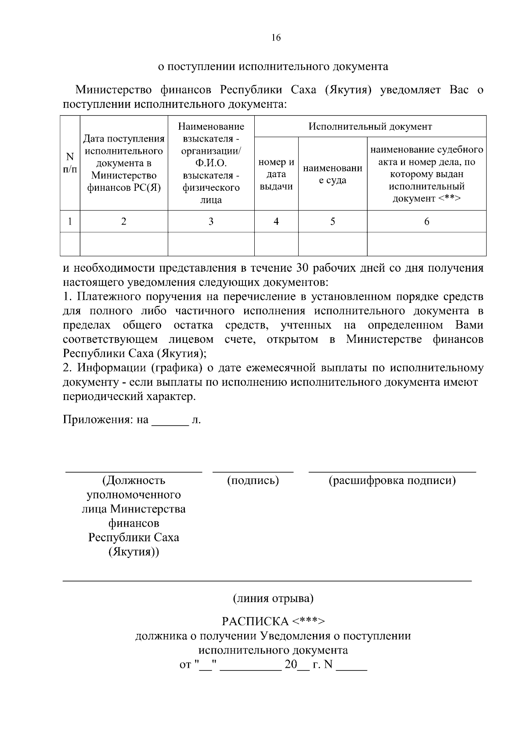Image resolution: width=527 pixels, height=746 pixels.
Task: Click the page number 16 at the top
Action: (276, 38)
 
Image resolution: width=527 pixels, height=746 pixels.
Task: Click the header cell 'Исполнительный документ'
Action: (370, 127)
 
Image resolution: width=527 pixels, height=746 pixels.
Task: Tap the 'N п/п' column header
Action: (70, 163)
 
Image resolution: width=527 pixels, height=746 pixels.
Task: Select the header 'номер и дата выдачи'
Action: (276, 174)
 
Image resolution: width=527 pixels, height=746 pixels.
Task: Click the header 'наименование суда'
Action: (332, 174)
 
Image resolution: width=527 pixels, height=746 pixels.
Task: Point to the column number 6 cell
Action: (426, 222)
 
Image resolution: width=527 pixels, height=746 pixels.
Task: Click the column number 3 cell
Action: (211, 222)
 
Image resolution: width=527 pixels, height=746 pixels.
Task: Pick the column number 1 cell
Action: (70, 222)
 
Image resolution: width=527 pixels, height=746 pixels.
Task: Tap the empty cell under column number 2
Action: (124, 244)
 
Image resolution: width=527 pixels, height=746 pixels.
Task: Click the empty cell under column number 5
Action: (332, 244)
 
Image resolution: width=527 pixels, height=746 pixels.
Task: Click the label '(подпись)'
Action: (253, 480)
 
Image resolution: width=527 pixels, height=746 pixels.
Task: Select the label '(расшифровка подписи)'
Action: (392, 480)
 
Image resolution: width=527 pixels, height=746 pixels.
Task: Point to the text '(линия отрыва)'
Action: (273, 598)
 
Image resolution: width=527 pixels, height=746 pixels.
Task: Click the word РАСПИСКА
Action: (255, 622)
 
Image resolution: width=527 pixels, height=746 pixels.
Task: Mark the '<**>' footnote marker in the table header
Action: (449, 198)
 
